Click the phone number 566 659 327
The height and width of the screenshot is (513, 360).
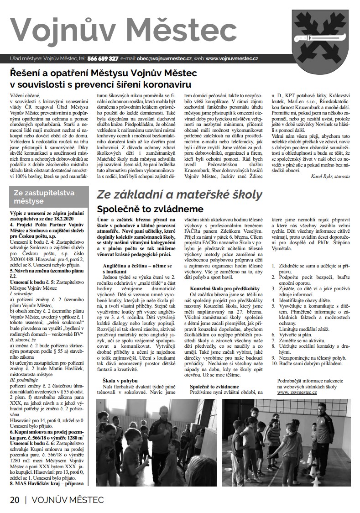(x=103, y=58)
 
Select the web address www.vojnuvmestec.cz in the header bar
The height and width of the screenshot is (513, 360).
(x=232, y=58)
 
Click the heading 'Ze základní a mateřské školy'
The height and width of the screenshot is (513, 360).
(x=179, y=195)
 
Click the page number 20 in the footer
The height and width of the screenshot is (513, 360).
(x=15, y=499)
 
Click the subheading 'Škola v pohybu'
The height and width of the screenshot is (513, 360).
(x=120, y=367)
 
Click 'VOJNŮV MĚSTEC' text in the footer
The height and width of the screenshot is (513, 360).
(x=68, y=499)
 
